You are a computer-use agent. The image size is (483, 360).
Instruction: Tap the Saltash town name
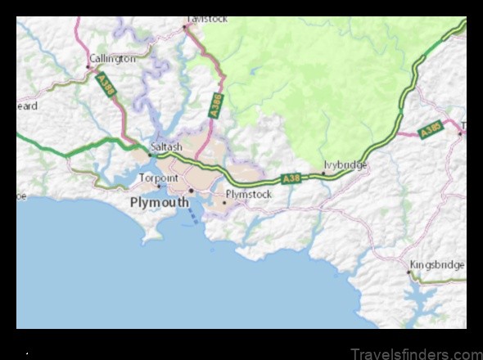coord(166,146)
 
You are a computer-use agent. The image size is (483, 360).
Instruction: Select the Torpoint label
coord(158,177)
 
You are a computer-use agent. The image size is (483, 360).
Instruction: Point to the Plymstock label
coord(249,194)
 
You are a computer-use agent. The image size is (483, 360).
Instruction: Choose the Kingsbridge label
coord(437,264)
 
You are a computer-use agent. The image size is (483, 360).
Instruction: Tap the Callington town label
coord(112,59)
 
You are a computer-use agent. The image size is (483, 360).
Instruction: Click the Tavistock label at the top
coord(206,18)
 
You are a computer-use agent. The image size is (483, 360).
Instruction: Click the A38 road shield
coord(291,178)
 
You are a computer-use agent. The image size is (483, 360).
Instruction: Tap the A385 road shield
coord(430,129)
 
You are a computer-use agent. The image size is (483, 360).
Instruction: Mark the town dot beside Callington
coord(88,66)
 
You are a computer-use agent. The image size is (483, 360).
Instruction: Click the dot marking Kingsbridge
coord(409,272)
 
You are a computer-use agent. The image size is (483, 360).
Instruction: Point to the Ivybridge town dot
coord(323,173)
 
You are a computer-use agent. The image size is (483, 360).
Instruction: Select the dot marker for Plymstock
coord(224,201)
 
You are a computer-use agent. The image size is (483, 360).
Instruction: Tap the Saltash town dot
coord(149,154)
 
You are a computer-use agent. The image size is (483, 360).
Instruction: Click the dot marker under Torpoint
coord(159,186)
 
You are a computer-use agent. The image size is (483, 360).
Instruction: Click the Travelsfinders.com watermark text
coord(415,353)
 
